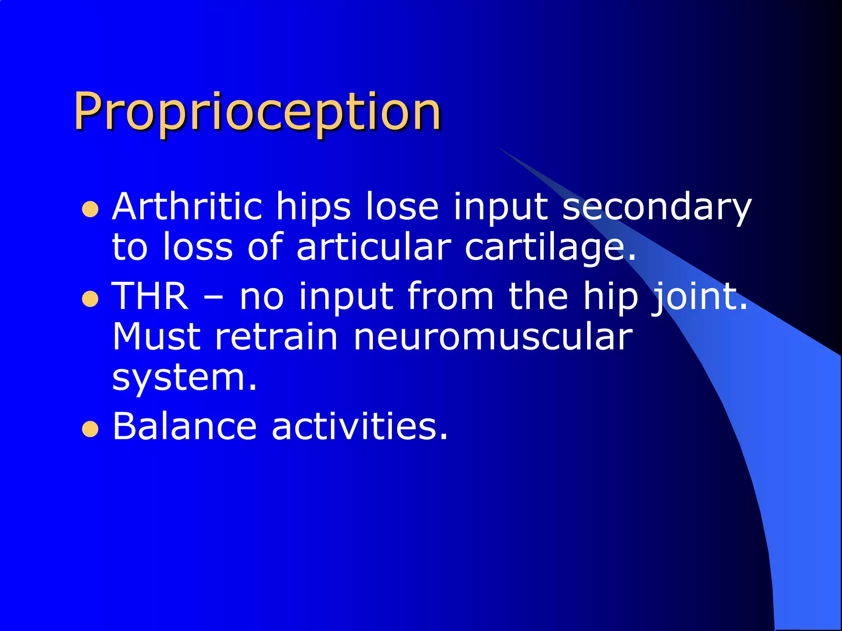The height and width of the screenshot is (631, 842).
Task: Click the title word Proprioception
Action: [257, 112]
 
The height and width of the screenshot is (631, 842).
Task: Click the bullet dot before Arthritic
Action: [90, 210]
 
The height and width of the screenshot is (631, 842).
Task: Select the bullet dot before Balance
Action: [90, 429]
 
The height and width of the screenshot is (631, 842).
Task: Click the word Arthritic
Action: [187, 206]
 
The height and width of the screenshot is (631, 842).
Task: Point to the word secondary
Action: [657, 206]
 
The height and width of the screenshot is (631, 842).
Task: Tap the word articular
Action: [374, 247]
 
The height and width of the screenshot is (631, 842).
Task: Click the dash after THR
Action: [214, 297]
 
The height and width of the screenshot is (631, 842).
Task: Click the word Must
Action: [156, 337]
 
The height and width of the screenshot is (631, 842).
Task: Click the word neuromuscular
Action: [493, 337]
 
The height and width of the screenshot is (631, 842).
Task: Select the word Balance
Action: [185, 426]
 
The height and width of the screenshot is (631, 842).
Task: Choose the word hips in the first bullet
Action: [313, 206]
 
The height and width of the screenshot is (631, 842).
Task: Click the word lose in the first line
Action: [402, 206]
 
